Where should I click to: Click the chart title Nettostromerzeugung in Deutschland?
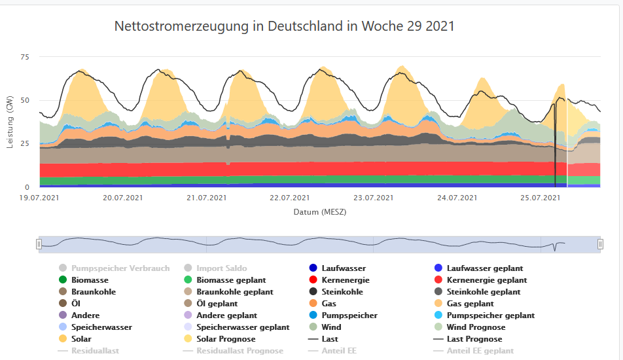point(284,26)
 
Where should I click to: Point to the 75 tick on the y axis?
point(25,58)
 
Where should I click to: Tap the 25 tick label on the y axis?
point(25,143)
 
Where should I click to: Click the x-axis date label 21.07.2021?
point(207,198)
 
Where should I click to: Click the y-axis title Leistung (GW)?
point(10,121)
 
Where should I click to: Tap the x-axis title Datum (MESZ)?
point(320,212)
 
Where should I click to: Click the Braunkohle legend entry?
point(94,292)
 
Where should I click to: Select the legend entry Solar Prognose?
point(226,339)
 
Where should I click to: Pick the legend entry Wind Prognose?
point(476,327)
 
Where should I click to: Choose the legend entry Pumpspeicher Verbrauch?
point(120,268)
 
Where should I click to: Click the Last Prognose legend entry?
point(474,339)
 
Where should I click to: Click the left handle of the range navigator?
point(39,244)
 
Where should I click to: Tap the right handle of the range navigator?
point(600,244)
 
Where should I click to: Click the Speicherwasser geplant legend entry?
point(242,327)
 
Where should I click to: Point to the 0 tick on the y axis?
point(27,187)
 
